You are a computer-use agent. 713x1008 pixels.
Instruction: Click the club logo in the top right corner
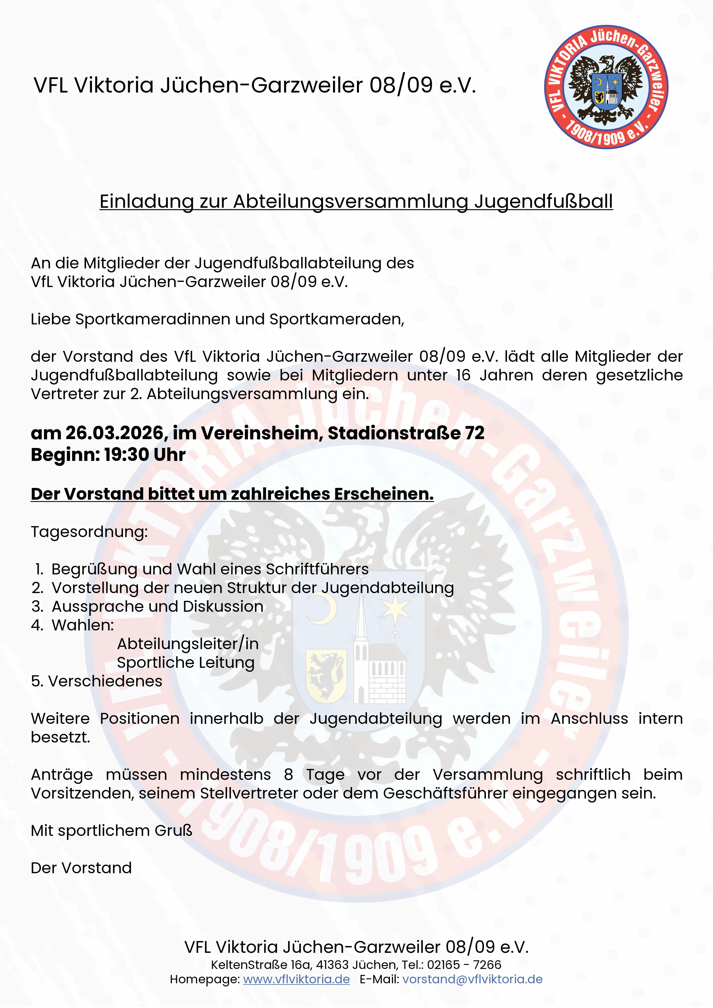click(606, 87)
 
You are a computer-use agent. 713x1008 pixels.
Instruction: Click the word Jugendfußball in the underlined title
click(543, 201)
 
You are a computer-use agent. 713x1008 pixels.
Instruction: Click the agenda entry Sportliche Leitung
click(186, 663)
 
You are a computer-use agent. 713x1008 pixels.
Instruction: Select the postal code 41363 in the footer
click(332, 965)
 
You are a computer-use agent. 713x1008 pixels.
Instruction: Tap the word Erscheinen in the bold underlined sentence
click(384, 494)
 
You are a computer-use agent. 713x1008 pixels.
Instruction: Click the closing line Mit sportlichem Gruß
click(112, 831)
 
